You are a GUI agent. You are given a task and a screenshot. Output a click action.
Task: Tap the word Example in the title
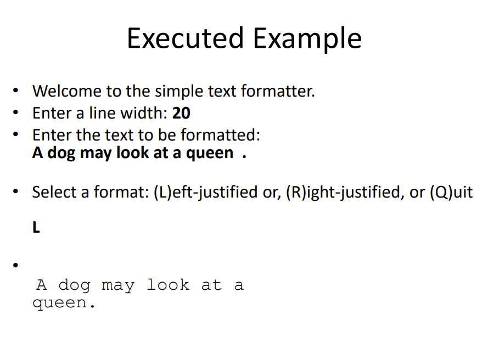pos(307,38)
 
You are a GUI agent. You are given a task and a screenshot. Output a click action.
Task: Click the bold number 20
pos(181,114)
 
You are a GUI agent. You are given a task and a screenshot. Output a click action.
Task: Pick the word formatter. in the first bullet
pos(277,91)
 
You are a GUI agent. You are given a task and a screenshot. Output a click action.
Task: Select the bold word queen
pos(210,153)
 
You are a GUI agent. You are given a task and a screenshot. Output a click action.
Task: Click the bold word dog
pos(61,153)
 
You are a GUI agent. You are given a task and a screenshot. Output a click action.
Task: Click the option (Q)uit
pos(450,193)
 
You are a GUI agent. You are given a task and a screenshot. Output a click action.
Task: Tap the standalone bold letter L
pos(36,228)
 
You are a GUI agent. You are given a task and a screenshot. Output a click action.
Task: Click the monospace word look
pos(168,285)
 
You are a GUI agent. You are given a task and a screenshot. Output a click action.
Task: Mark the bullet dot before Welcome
pos(18,90)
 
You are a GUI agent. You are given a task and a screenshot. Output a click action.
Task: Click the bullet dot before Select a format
pos(18,192)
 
